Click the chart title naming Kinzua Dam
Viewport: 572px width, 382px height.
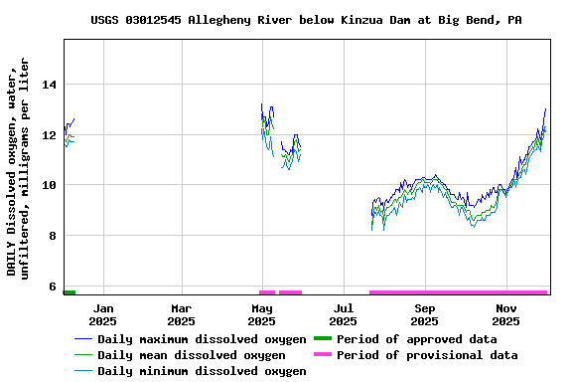click(x=306, y=20)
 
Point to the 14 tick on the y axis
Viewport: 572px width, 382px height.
click(x=49, y=85)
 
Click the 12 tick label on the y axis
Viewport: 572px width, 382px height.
click(x=49, y=135)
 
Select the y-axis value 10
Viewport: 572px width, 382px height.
click(x=49, y=185)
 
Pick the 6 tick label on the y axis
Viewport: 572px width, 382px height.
click(x=53, y=286)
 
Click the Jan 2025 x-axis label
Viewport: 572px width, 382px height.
click(x=102, y=314)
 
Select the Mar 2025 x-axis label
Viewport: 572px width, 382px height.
click(x=181, y=314)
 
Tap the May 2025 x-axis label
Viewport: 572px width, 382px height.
click(x=261, y=314)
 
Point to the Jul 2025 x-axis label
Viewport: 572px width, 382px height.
click(x=343, y=314)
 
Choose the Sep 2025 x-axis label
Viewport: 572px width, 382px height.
click(x=424, y=314)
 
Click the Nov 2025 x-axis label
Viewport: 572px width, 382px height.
click(x=505, y=314)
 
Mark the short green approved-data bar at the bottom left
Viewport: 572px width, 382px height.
click(x=70, y=292)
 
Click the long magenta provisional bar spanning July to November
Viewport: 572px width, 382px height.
click(x=458, y=292)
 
